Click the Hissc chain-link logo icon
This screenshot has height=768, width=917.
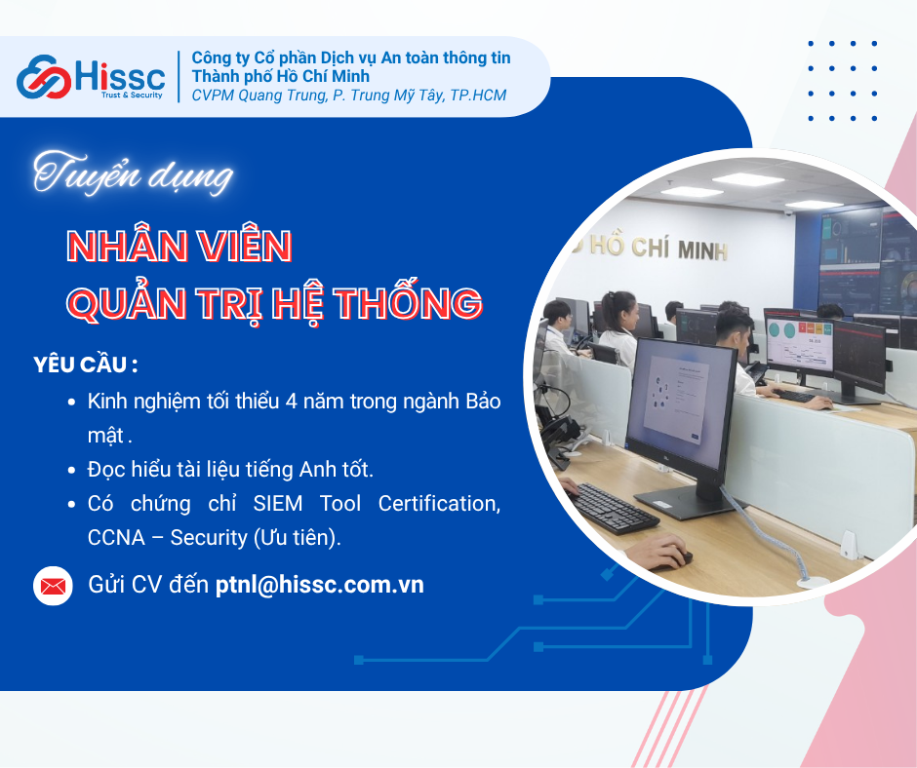click(x=45, y=77)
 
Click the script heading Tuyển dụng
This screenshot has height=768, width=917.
click(x=134, y=174)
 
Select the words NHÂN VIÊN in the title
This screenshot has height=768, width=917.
click(x=179, y=247)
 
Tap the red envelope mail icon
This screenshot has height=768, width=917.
click(x=53, y=586)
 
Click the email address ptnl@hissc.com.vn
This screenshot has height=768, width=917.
click(x=320, y=585)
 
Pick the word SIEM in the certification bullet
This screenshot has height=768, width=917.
click(x=277, y=503)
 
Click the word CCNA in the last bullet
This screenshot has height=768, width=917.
click(x=114, y=537)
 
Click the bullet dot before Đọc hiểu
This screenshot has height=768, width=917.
click(x=72, y=471)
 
